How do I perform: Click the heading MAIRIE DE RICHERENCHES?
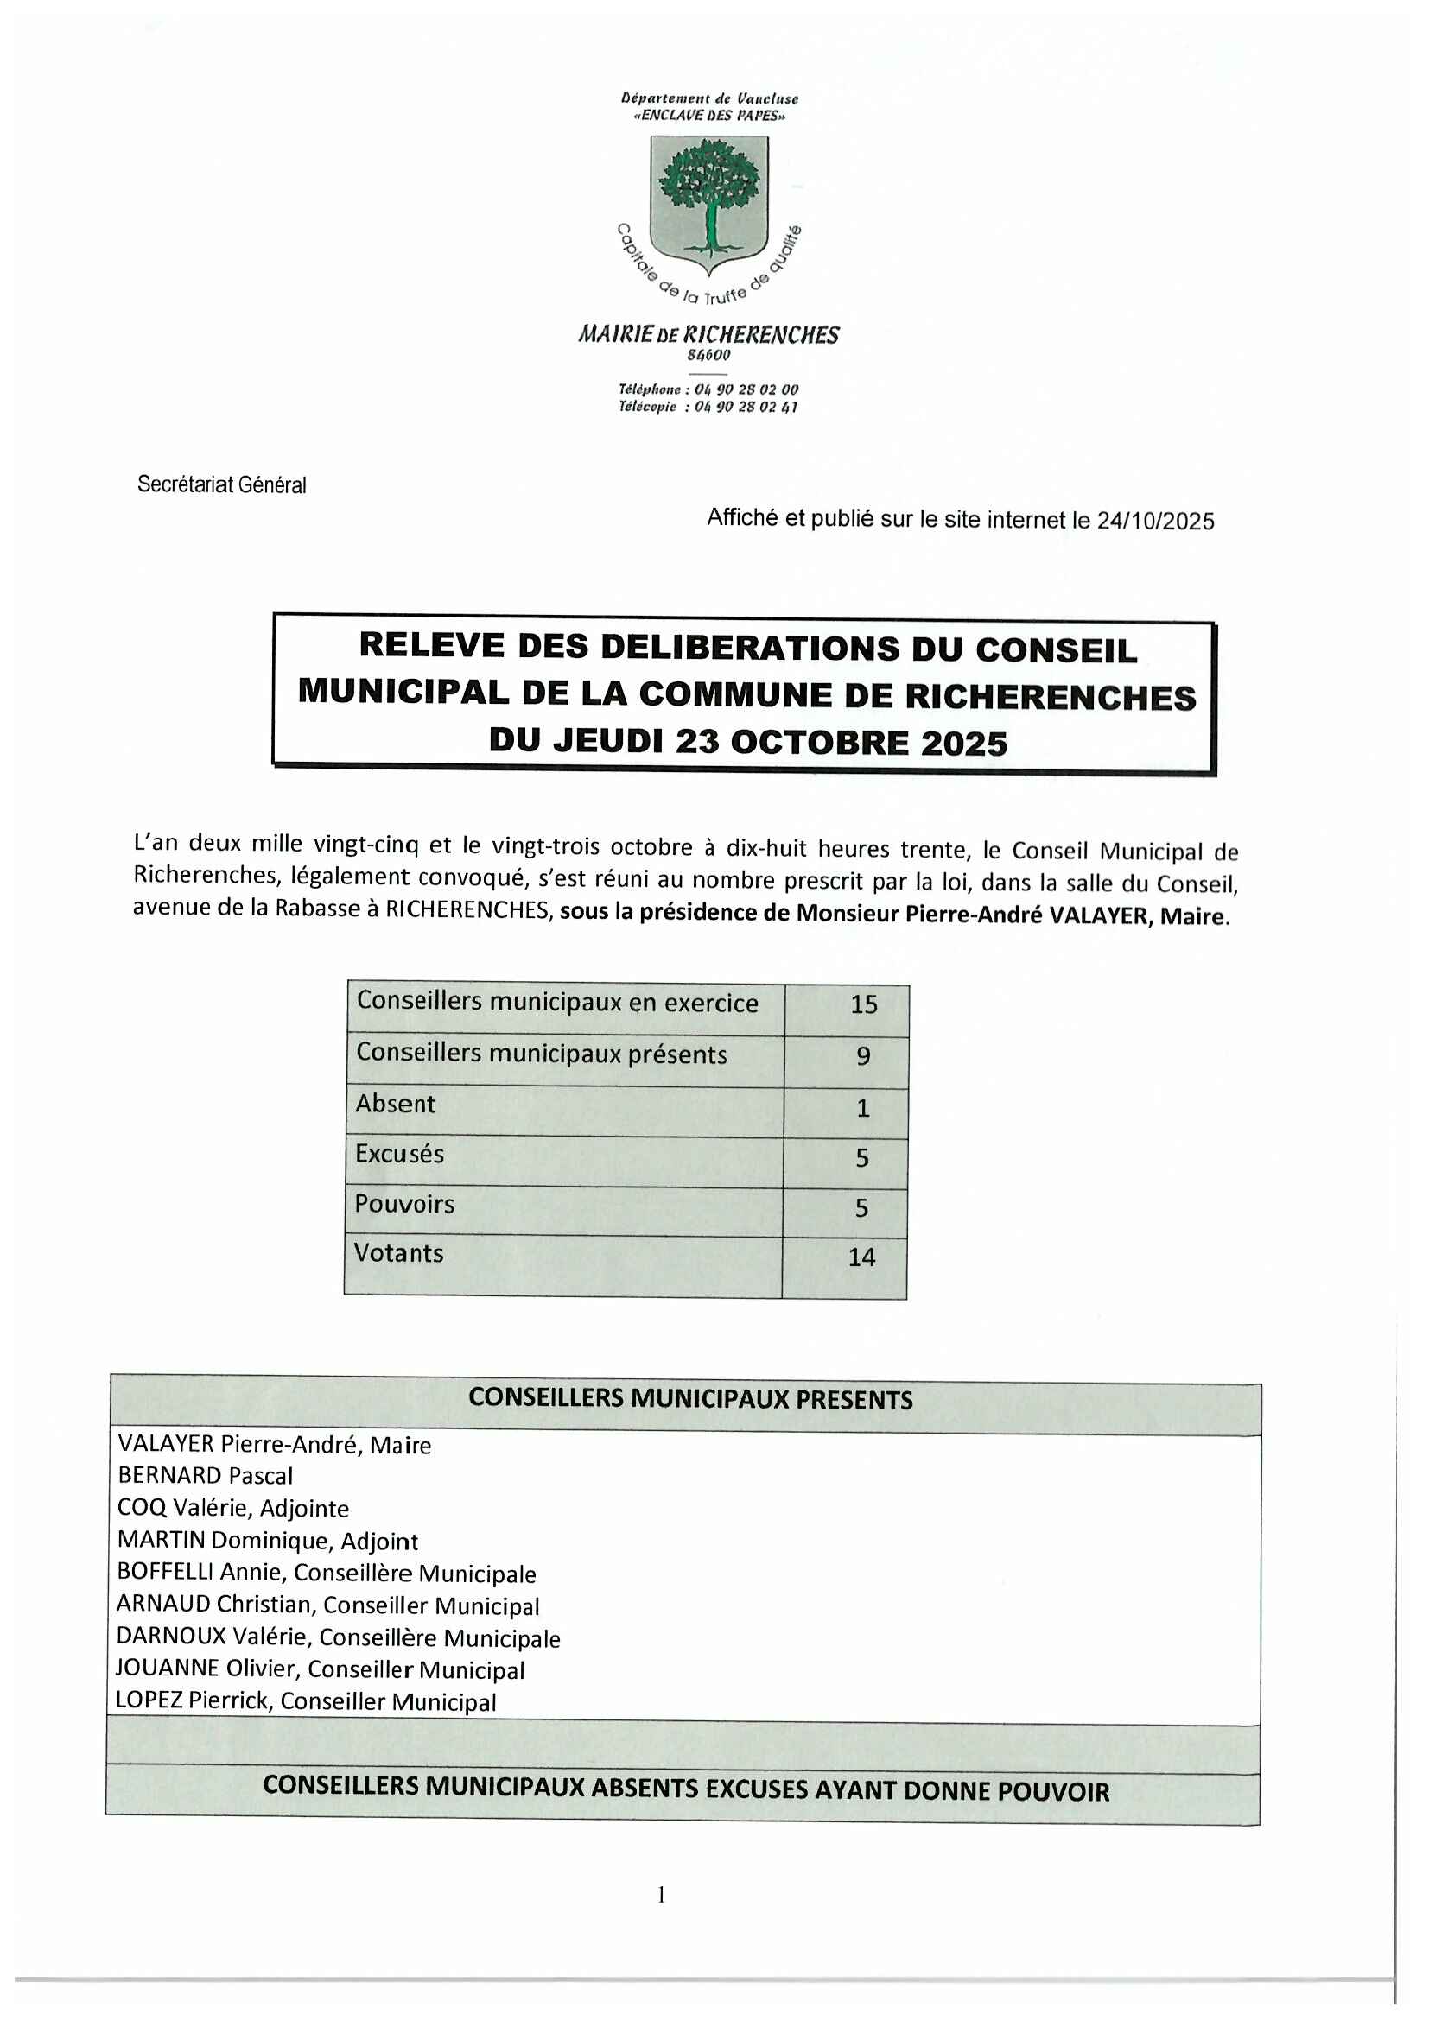[x=708, y=334]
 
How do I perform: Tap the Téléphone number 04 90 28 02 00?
[x=746, y=389]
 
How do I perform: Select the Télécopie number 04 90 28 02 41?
[x=746, y=407]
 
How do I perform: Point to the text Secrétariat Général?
[x=222, y=484]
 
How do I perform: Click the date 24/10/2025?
[x=1154, y=521]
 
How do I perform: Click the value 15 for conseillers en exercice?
[x=863, y=1004]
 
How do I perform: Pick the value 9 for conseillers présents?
[x=863, y=1055]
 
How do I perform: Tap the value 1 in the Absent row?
[x=863, y=1108]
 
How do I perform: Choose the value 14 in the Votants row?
[x=861, y=1257]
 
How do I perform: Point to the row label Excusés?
[x=399, y=1154]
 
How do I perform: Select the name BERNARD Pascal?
[x=205, y=1475]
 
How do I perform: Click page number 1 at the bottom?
[x=661, y=1894]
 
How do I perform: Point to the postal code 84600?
[x=708, y=356]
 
